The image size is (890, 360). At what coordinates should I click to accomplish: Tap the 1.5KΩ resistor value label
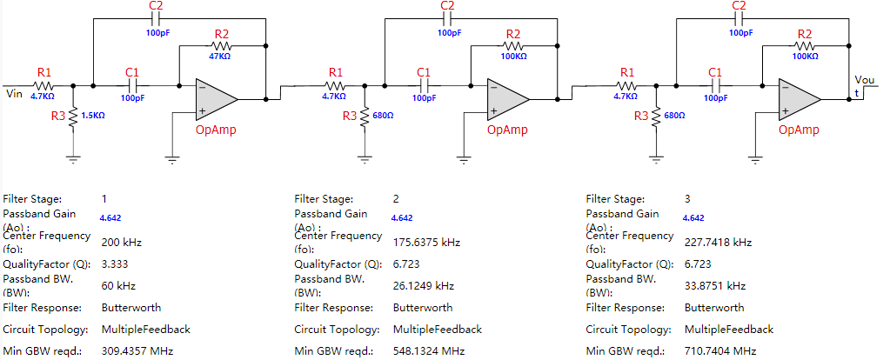pyautogui.click(x=93, y=115)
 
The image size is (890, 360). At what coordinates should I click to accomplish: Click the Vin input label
pyautogui.click(x=14, y=93)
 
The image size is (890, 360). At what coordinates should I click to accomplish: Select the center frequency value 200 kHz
pyautogui.click(x=122, y=242)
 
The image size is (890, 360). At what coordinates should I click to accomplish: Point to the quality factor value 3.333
pyautogui.click(x=115, y=264)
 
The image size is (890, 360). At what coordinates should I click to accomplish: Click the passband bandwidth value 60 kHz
pyautogui.click(x=118, y=286)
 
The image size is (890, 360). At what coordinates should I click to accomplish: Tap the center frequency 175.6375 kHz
pyautogui.click(x=427, y=242)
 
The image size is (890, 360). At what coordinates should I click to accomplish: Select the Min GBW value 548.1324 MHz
pyautogui.click(x=429, y=351)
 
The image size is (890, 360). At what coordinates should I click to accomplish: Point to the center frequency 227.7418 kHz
pyautogui.click(x=719, y=242)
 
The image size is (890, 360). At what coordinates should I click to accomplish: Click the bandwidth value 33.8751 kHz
pyautogui.click(x=715, y=286)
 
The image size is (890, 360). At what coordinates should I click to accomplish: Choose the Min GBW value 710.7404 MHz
pyautogui.click(x=720, y=351)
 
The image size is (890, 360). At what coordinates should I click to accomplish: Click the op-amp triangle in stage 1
pyautogui.click(x=217, y=100)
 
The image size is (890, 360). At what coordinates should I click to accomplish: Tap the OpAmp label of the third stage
pyautogui.click(x=800, y=130)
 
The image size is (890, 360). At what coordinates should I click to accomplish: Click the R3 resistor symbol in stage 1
pyautogui.click(x=73, y=118)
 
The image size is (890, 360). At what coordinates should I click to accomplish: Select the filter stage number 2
pyautogui.click(x=396, y=199)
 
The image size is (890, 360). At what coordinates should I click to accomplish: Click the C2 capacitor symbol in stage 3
pyautogui.click(x=739, y=19)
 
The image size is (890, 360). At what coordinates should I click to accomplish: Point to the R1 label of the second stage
pyautogui.click(x=336, y=72)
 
